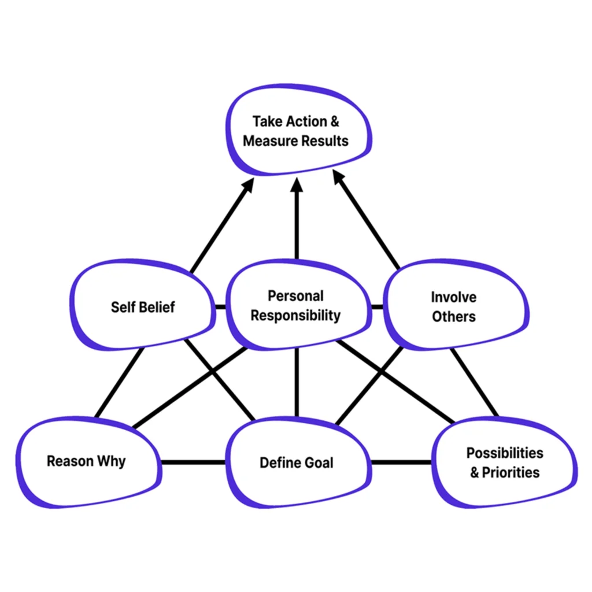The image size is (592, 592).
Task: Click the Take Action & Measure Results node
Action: click(x=296, y=131)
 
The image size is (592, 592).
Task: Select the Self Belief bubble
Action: click(x=143, y=306)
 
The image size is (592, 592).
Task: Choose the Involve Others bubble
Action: click(x=454, y=306)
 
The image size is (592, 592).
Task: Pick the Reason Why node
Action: click(x=87, y=461)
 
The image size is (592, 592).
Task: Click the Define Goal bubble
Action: click(x=296, y=462)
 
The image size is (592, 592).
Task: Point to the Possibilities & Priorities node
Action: click(x=505, y=462)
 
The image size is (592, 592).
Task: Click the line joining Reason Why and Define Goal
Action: click(x=193, y=462)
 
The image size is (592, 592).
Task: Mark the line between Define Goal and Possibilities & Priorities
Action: click(x=400, y=462)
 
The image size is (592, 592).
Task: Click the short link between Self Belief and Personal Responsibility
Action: click(x=219, y=306)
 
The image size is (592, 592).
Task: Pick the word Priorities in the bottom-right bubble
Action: click(x=512, y=472)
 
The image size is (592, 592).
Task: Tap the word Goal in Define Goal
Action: click(x=319, y=462)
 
